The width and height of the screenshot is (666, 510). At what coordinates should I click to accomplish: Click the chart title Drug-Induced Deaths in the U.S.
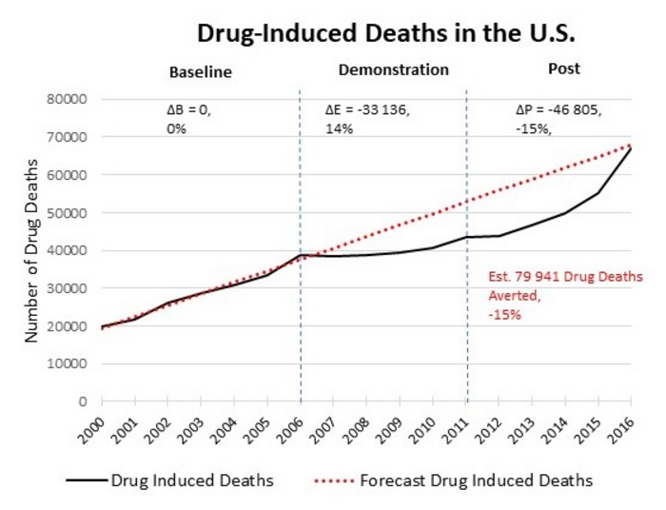pos(384,32)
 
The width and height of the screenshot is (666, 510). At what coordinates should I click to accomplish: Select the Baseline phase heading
pos(200,72)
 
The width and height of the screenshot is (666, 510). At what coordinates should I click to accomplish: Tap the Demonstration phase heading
pos(393,69)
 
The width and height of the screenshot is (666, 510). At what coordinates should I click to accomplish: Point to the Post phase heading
pos(564,69)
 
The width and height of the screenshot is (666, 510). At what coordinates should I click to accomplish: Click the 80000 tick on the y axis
pos(68,99)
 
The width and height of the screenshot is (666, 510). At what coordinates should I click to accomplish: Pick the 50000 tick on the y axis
pos(68,213)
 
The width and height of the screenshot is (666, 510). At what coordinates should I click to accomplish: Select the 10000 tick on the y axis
pos(68,364)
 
